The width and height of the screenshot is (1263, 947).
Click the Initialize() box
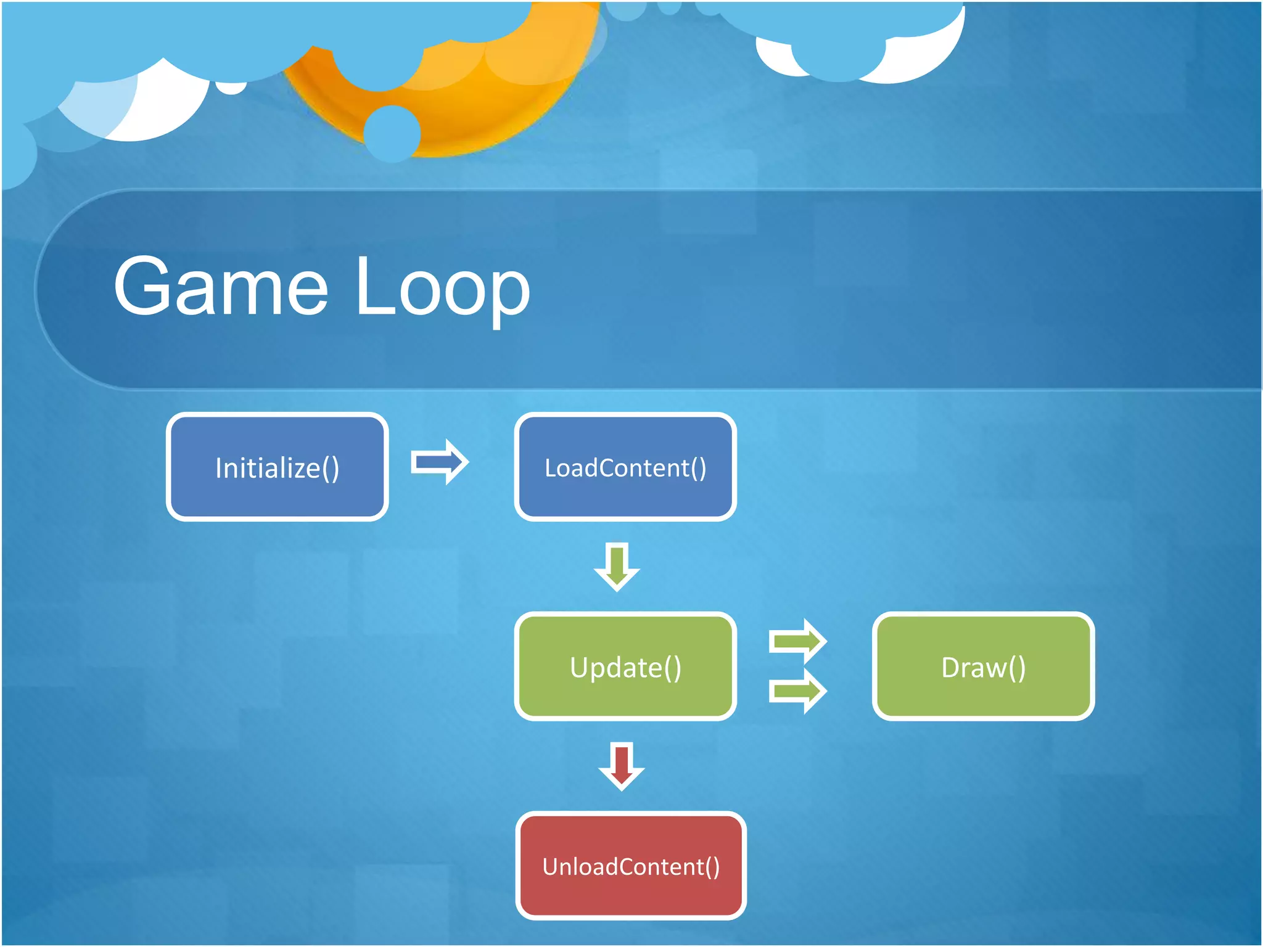pos(277,467)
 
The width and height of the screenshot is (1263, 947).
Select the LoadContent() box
pos(625,467)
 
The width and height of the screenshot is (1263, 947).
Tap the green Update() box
pos(625,666)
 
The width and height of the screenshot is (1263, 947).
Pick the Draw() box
pos(983,666)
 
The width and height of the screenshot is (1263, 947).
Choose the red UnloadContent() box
pos(630,866)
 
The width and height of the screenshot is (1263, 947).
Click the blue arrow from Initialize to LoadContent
pos(440,462)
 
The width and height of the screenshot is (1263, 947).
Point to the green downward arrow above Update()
pos(617,566)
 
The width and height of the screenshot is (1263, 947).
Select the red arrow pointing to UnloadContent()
pos(622,766)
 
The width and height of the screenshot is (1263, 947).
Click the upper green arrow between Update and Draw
pos(797,641)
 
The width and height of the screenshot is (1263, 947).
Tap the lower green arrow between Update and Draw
pos(797,692)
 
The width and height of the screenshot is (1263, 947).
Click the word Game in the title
pos(221,287)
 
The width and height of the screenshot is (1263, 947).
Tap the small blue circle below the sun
pos(392,133)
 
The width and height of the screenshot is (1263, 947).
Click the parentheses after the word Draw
pos(1018,668)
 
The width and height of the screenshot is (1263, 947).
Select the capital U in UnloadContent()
pos(551,866)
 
